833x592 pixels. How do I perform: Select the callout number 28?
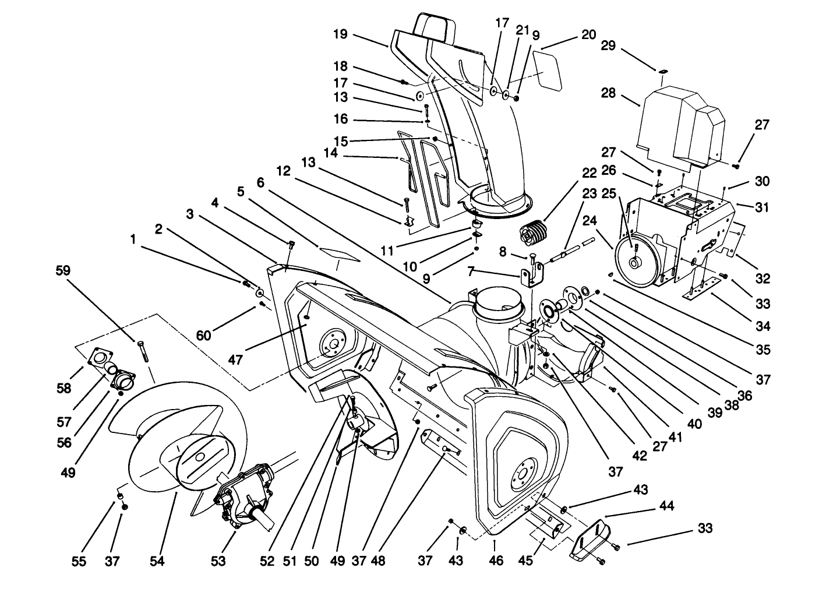(x=608, y=94)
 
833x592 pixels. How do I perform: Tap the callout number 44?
(x=667, y=506)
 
